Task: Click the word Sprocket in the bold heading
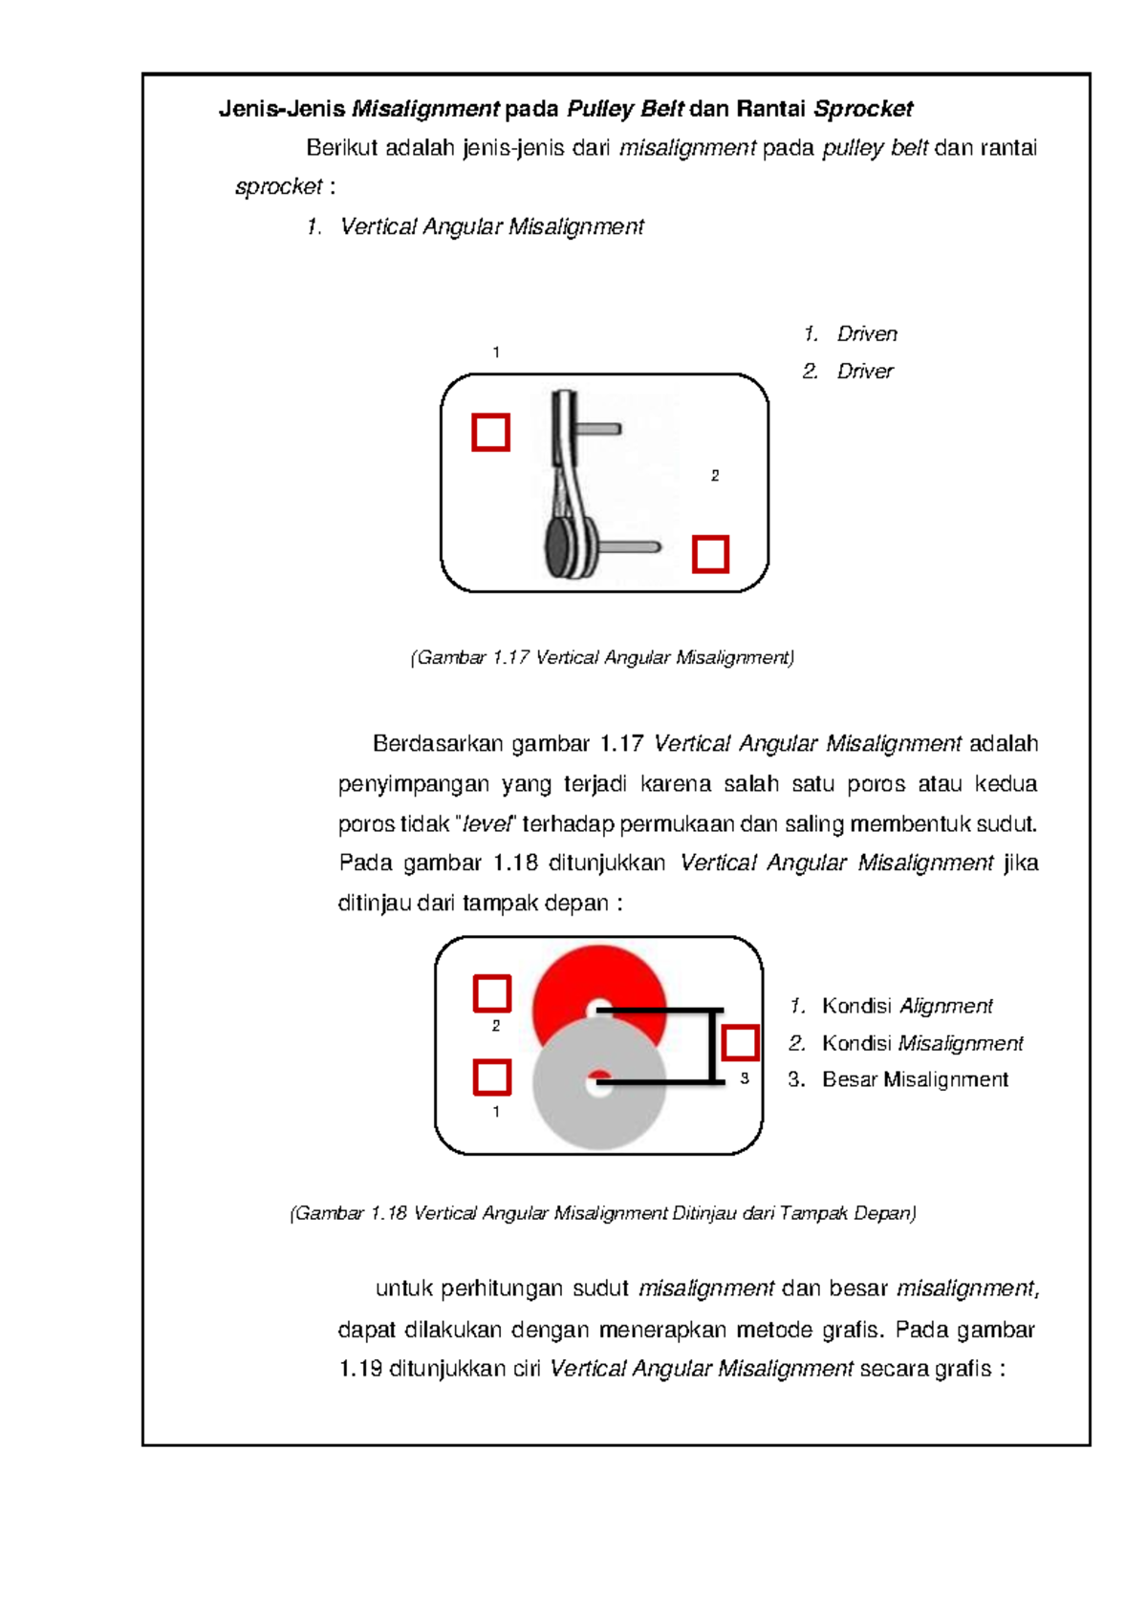[863, 109]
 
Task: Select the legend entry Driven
[866, 333]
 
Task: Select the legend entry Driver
[864, 371]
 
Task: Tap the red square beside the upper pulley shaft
[490, 432]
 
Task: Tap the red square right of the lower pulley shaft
[710, 554]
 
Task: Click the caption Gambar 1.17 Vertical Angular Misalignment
[602, 657]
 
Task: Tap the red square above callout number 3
[740, 1042]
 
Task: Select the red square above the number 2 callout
[492, 993]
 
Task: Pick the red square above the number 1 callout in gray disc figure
[492, 1077]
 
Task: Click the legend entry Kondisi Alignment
[906, 1006]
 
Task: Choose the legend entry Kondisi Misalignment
[921, 1043]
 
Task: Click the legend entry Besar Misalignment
[914, 1079]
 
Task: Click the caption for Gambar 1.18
[602, 1213]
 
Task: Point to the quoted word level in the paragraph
[487, 823]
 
